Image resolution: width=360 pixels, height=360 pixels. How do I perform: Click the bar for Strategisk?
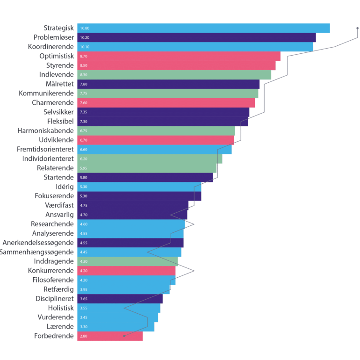[x=203, y=28]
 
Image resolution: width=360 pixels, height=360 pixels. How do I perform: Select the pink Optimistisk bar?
[x=179, y=56]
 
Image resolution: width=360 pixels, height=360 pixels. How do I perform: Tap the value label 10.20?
[x=85, y=37]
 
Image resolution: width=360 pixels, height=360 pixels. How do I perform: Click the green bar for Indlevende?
[x=174, y=75]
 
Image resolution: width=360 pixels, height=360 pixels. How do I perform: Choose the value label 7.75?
[x=84, y=94]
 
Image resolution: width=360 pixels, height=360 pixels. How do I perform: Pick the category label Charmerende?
[x=53, y=103]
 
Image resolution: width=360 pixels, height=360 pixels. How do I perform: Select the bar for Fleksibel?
[x=162, y=122]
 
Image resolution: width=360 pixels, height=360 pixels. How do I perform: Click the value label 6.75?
[x=84, y=131]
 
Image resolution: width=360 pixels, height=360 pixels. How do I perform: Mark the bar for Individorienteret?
[x=150, y=159]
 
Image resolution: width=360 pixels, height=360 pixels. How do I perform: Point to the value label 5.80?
[x=84, y=178]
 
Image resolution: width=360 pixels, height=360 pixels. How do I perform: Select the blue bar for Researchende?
[x=131, y=224]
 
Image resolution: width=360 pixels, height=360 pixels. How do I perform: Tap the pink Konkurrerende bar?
[x=126, y=271]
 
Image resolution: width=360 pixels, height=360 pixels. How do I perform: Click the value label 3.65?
[x=84, y=299]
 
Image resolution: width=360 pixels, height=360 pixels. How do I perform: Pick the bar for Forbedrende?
[x=110, y=336]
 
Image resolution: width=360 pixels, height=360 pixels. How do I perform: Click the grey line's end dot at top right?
[x=358, y=29]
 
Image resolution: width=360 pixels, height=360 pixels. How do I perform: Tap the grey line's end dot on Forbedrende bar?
[x=124, y=336]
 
